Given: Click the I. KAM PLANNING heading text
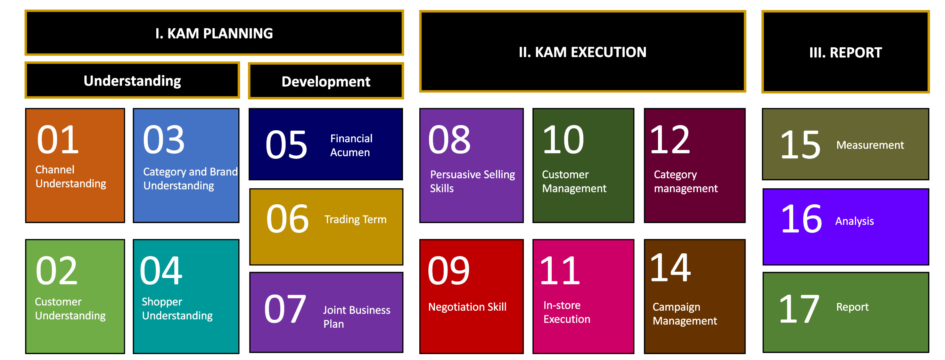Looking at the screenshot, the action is pos(214,33).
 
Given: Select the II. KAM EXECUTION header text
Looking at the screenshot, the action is pos(583,52).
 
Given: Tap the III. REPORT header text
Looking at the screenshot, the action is pos(846,52).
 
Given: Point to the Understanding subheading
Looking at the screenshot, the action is pos(132,81).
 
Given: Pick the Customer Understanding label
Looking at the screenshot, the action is pos(70,309).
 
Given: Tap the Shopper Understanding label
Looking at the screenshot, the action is pos(177,309).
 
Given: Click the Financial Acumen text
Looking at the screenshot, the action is pos(351,145).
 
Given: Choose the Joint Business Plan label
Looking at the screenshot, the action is pos(356,317).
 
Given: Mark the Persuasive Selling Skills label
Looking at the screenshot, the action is pos(472,181).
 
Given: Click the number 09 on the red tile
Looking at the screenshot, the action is pos(448,271).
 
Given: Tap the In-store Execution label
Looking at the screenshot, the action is pos(567,312).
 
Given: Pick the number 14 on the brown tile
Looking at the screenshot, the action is pos(670,268).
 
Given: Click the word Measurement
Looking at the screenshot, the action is pos(870,145).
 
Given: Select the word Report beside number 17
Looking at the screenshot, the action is pos(852,307).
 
